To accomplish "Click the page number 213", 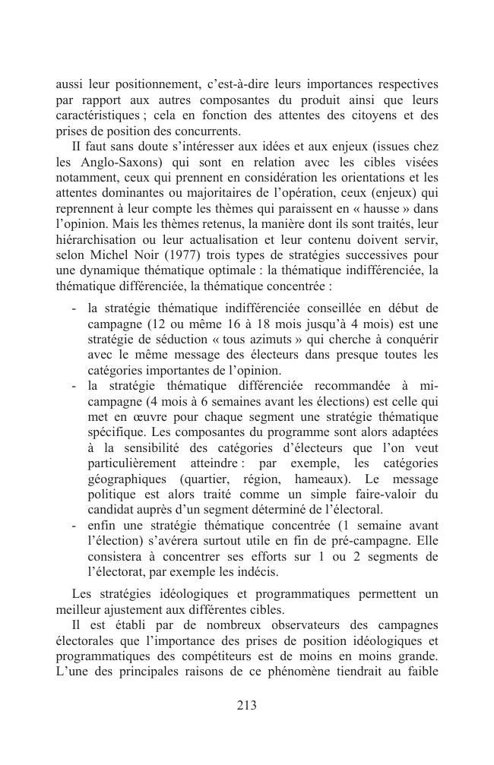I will [x=246, y=705].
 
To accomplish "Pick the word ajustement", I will [x=131, y=609].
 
